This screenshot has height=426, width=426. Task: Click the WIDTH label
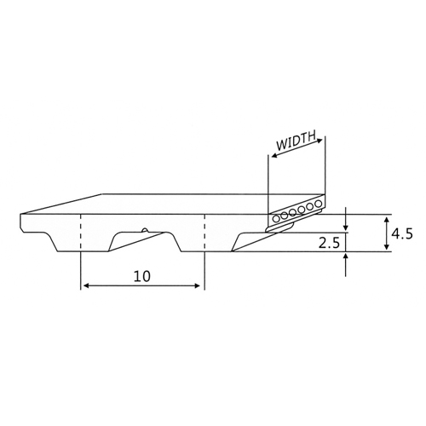point(296,141)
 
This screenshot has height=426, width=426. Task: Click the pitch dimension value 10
point(142,276)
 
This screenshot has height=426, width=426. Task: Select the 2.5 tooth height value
point(329,243)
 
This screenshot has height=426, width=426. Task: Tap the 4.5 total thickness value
point(402,234)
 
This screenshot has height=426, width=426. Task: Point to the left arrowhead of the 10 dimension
point(87,285)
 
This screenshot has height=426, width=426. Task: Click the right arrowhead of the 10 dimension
point(197,285)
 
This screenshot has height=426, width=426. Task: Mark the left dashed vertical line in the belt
point(81,233)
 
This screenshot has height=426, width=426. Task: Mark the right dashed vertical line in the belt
point(204,233)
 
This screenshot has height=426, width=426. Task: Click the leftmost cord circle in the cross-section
point(276,219)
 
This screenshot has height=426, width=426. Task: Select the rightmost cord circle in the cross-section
point(319,204)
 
